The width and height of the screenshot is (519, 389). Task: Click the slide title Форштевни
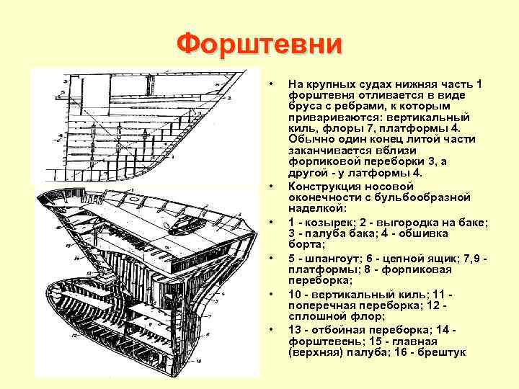[x=259, y=44]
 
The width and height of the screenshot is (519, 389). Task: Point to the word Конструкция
[x=320, y=187]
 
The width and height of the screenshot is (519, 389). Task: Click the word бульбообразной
[x=431, y=197]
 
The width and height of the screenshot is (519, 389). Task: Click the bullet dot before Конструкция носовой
[x=271, y=187]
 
